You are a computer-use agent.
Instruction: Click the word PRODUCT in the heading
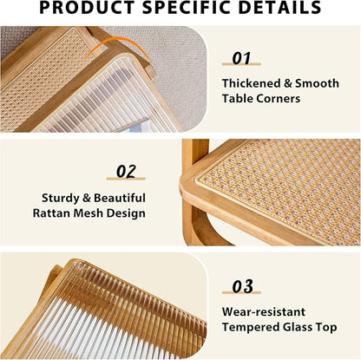(92, 9)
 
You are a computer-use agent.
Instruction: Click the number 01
(241, 59)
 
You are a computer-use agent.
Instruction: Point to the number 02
(128, 171)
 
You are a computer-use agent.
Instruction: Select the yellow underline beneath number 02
(128, 180)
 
